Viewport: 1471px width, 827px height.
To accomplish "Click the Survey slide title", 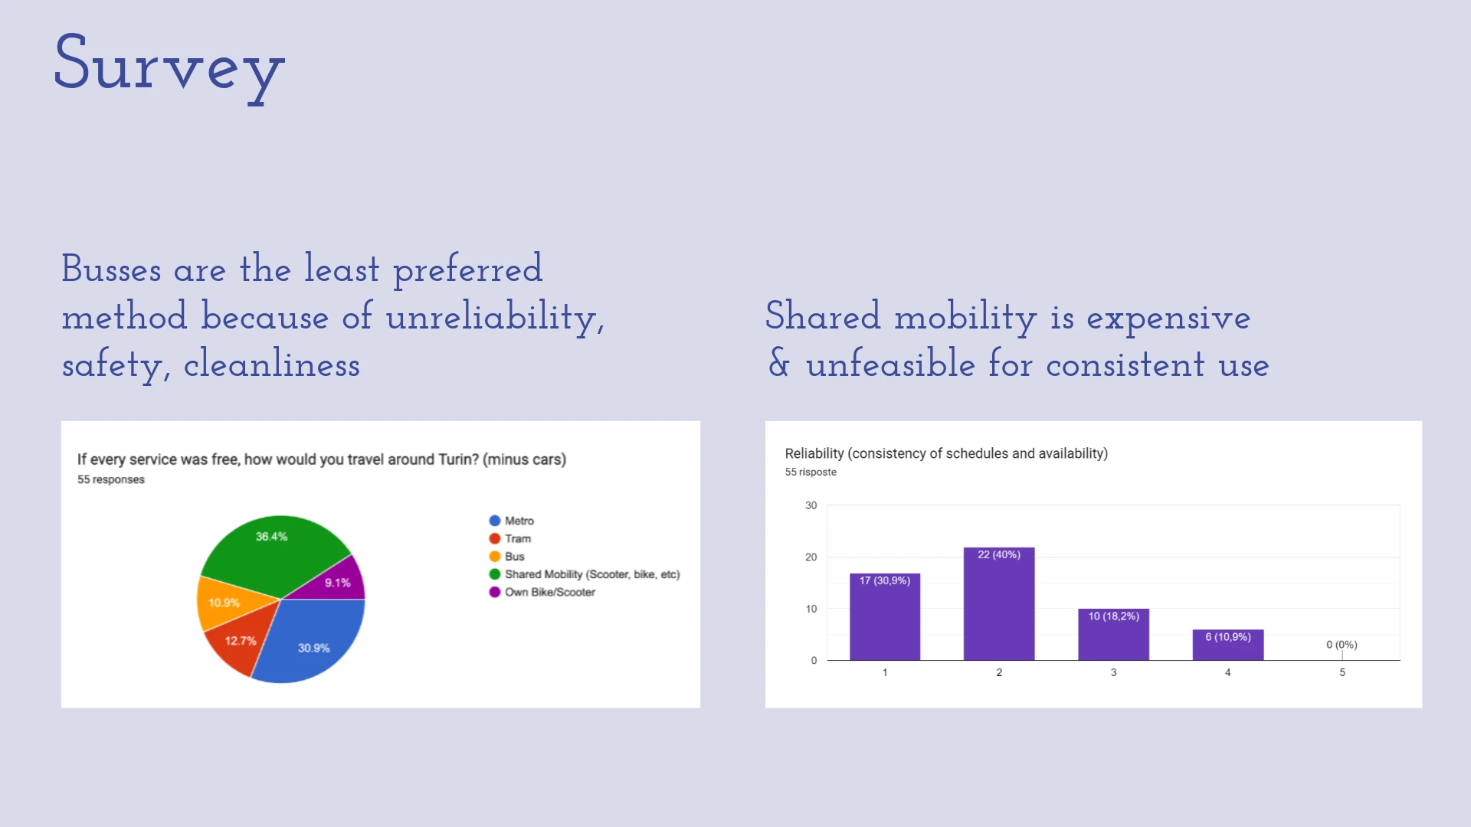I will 169,65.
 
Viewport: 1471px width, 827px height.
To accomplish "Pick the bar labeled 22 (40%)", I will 999,605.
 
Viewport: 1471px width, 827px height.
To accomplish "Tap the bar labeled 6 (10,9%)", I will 1227,646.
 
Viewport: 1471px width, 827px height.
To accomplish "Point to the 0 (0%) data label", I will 1342,645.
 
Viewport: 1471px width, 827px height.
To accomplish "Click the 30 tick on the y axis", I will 811,505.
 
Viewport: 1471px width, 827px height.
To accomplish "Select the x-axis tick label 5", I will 1342,672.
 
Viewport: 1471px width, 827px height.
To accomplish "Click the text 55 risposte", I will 811,472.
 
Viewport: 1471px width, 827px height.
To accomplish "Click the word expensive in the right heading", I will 1168,318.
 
